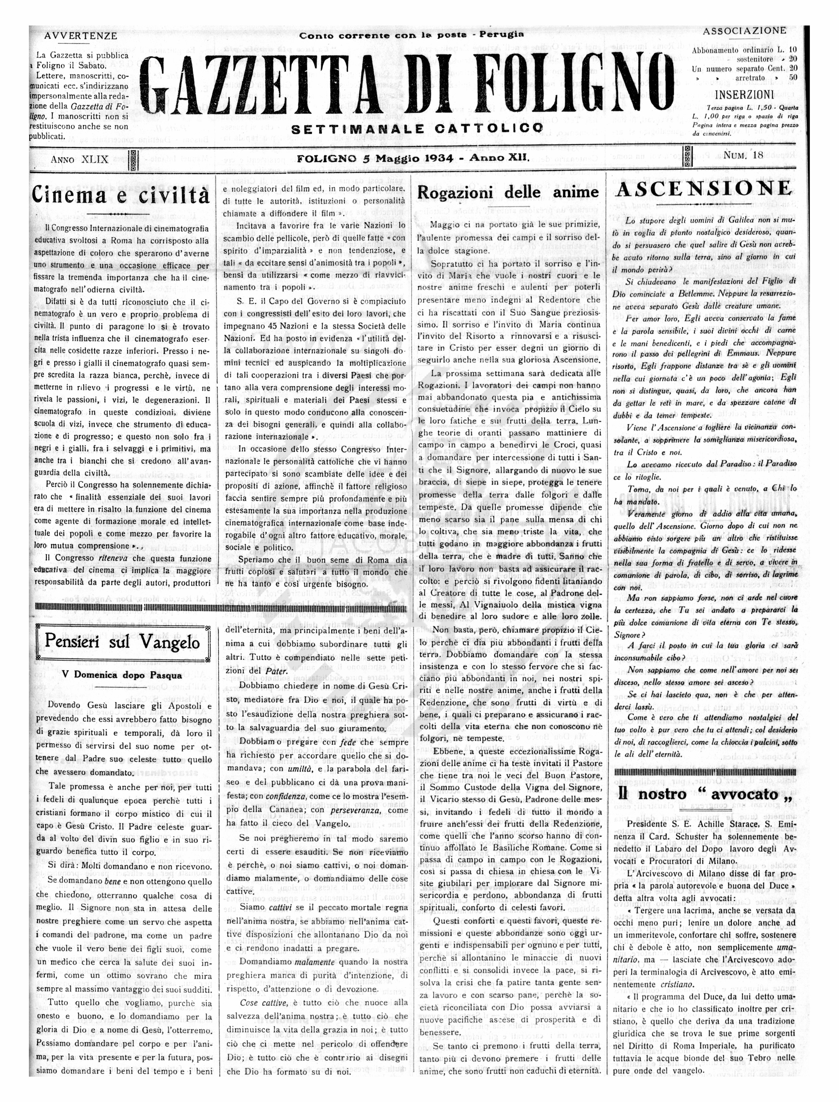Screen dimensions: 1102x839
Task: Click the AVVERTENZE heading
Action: click(81, 36)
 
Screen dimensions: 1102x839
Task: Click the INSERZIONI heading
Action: click(745, 94)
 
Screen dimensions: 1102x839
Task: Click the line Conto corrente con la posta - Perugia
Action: click(412, 35)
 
